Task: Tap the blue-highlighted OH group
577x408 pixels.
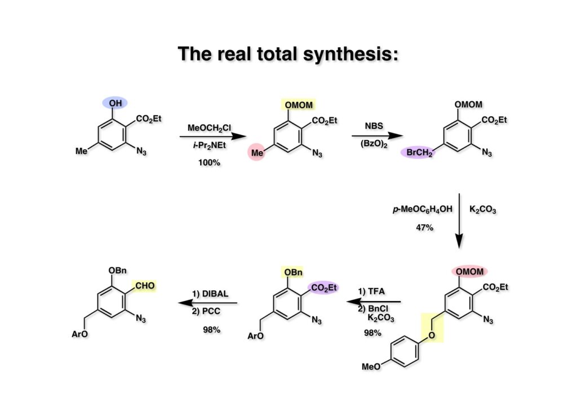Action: pos(115,103)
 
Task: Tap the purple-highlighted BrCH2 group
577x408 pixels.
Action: pos(418,152)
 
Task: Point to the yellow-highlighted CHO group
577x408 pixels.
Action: pos(144,286)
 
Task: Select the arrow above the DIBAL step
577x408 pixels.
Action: pos(209,303)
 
